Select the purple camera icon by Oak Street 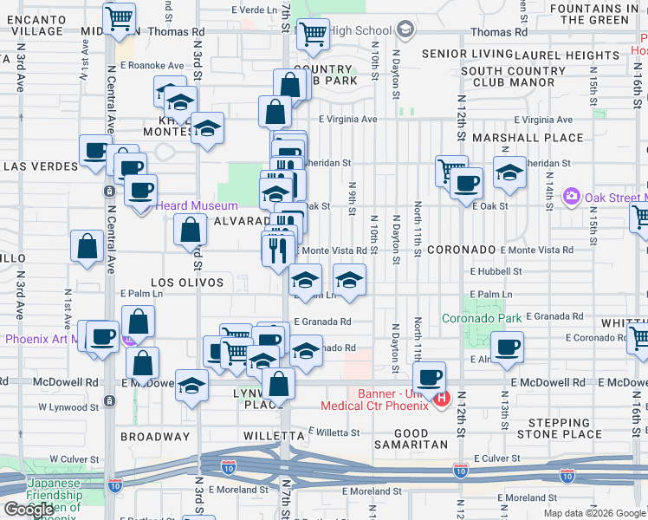point(571,196)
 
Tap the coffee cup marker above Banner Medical point(429,377)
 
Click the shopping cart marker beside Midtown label point(119,16)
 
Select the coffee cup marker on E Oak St point(467,183)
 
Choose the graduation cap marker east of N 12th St point(509,171)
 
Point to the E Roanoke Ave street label point(152,65)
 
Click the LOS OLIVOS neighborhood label point(187,283)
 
